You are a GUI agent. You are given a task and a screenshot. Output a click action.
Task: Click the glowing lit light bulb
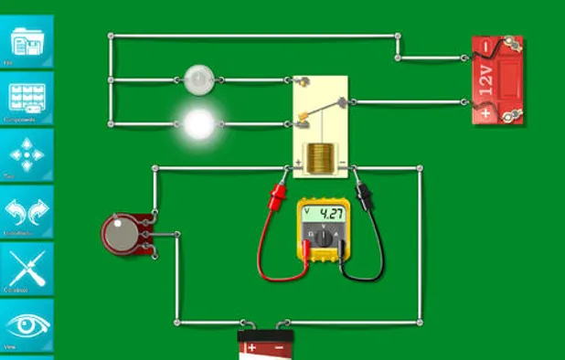pos(197,123)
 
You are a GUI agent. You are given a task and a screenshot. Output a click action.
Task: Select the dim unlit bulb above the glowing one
pos(197,79)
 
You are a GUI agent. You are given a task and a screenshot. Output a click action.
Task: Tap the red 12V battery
pos(497,80)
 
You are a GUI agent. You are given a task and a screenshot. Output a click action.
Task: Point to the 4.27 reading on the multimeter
pos(330,215)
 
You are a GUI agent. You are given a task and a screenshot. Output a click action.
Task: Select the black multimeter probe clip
pos(364,193)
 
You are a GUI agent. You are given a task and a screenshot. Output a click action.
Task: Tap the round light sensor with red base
pos(119,233)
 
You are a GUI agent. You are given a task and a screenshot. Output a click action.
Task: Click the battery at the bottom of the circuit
pos(266,345)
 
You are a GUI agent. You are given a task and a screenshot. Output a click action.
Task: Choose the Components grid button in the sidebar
pos(27,98)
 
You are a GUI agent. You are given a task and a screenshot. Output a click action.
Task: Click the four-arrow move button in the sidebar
pos(27,155)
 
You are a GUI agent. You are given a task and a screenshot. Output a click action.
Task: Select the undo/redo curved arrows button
pos(27,213)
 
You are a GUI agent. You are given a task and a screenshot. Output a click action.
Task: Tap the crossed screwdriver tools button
pos(27,270)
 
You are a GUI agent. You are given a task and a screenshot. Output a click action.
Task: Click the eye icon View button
pos(27,326)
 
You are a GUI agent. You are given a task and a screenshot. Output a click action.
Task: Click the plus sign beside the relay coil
pos(298,165)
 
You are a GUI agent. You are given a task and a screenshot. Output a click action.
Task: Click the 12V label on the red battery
pos(485,81)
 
